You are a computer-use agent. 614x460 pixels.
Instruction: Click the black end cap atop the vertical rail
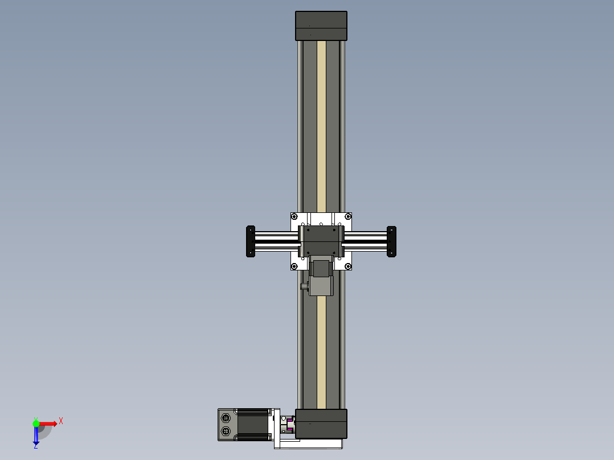coord(321,26)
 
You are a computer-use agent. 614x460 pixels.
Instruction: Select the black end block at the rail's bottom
coord(321,424)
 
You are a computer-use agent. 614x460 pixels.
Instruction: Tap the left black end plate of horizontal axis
coord(249,241)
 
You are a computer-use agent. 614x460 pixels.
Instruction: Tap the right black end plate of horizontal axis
coord(391,241)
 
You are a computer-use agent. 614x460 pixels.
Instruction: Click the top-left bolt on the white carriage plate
coord(294,216)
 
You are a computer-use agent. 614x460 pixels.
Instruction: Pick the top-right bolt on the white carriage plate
coord(348,216)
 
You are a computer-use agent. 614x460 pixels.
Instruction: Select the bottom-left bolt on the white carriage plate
coord(294,266)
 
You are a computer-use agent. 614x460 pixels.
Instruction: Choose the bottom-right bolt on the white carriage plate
coord(348,266)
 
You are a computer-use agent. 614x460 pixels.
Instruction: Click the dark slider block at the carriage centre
coord(321,240)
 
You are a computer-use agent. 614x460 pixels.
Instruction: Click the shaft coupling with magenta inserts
coord(288,426)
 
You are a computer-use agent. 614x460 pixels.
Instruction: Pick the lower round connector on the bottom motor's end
coord(226,432)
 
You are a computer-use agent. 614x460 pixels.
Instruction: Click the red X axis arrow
coord(50,423)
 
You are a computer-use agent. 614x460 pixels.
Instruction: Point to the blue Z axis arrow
coord(36,436)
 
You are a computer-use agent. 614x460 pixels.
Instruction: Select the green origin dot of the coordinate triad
coord(36,423)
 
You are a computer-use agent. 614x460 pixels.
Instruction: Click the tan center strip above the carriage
coord(321,125)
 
